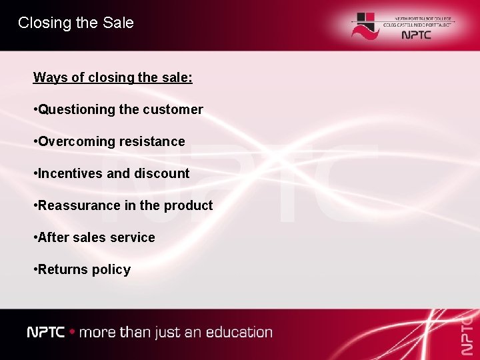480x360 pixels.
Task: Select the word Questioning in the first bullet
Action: pyautogui.click(x=77, y=109)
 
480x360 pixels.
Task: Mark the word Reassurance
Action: pyautogui.click(x=80, y=205)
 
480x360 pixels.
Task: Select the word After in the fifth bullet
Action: pyautogui.click(x=53, y=237)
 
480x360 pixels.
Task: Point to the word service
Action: pyautogui.click(x=134, y=237)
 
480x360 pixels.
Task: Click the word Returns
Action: pyautogui.click(x=63, y=269)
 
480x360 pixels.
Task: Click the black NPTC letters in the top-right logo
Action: pyautogui.click(x=417, y=35)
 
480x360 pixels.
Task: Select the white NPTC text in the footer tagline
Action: pyautogui.click(x=46, y=332)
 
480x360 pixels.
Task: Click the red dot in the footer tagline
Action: pyautogui.click(x=72, y=332)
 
